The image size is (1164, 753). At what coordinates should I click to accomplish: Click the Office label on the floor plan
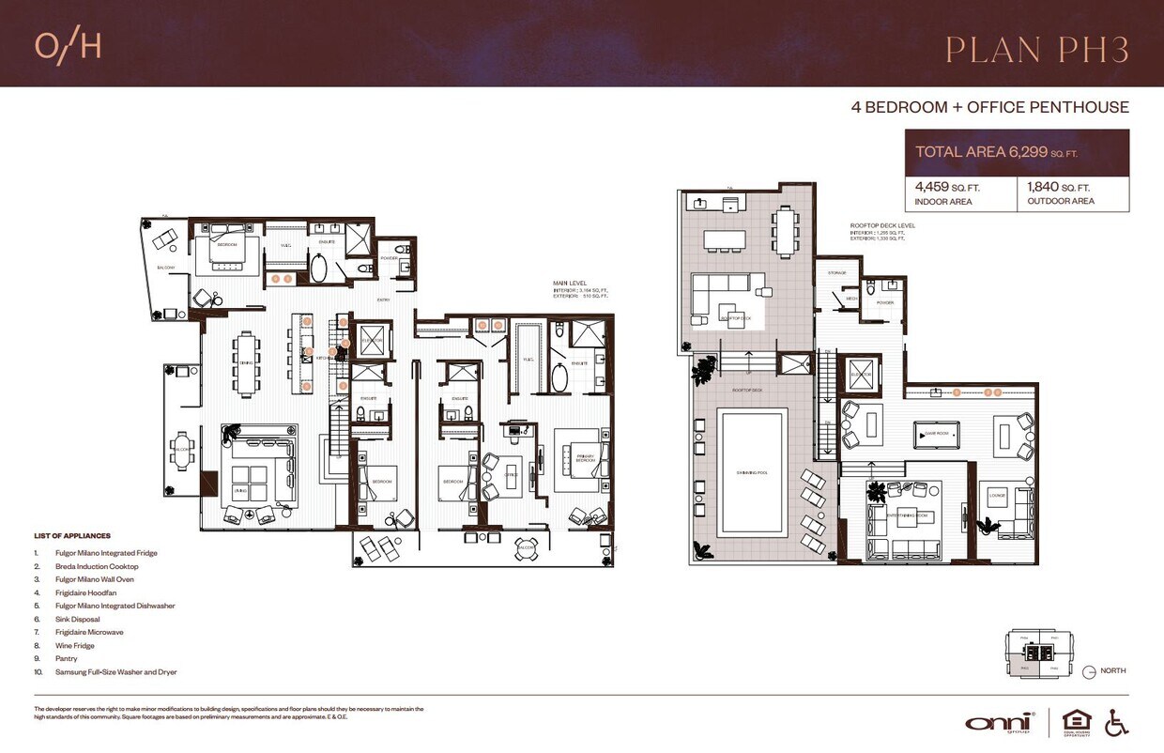512,474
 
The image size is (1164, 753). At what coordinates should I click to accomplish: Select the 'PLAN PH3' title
1036,50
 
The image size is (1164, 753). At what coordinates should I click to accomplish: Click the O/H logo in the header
68,47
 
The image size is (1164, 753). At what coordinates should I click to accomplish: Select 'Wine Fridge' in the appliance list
77,646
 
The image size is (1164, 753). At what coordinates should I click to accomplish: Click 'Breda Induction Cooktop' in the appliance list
97,566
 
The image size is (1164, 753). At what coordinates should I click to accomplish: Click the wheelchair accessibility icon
1116,721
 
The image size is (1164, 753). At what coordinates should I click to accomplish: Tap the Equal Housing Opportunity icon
1076,721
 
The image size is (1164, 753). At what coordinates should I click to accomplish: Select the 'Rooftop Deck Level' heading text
882,226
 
